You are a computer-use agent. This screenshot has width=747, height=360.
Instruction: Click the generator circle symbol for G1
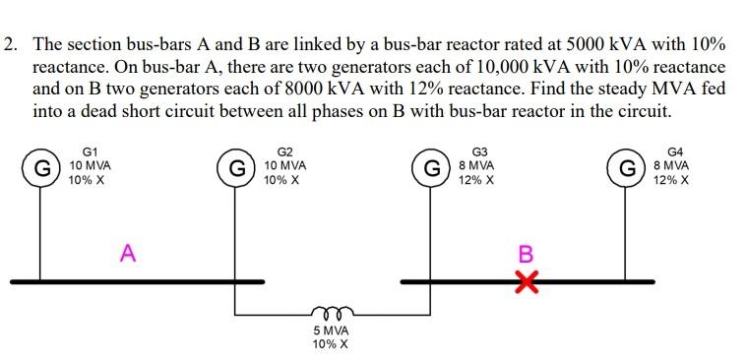[x=41, y=168]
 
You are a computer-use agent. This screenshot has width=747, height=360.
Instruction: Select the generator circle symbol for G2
[x=236, y=168]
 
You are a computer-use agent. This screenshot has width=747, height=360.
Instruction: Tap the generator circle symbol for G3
[x=430, y=168]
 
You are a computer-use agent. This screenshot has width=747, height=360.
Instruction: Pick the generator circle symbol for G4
[x=625, y=168]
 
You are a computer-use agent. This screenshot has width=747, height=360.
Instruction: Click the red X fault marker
[x=528, y=283]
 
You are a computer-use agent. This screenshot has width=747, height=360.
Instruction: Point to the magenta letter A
[x=127, y=254]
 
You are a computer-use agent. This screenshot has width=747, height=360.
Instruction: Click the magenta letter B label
[x=526, y=254]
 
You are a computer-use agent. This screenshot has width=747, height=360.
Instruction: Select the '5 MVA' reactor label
[x=330, y=331]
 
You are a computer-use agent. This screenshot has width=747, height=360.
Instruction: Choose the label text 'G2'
[x=285, y=152]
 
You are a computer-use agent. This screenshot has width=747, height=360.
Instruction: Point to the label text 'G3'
[x=479, y=152]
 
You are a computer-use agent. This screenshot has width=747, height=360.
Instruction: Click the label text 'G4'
[x=674, y=152]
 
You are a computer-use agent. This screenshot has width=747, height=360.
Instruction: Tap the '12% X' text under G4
[x=671, y=181]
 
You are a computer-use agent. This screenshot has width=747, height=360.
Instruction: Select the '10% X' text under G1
[x=87, y=181]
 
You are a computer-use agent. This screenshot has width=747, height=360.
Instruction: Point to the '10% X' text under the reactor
[x=330, y=344]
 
